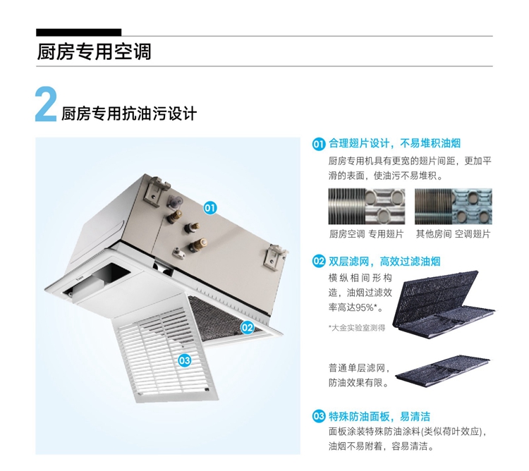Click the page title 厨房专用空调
94,51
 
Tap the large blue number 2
46,104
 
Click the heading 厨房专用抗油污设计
129,114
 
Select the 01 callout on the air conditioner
210,207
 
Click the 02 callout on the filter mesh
247,327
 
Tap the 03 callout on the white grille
185,360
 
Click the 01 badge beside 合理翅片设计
319,144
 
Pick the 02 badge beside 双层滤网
319,262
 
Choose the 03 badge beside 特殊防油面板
319,417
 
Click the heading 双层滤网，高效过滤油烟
384,262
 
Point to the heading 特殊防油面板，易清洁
379,417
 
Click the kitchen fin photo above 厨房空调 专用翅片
367,207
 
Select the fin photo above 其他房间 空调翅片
454,207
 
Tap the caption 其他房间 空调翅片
453,233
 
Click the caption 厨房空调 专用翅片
366,233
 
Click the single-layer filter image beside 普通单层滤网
443,371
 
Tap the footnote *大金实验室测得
357,327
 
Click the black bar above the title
78,32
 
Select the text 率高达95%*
355,307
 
